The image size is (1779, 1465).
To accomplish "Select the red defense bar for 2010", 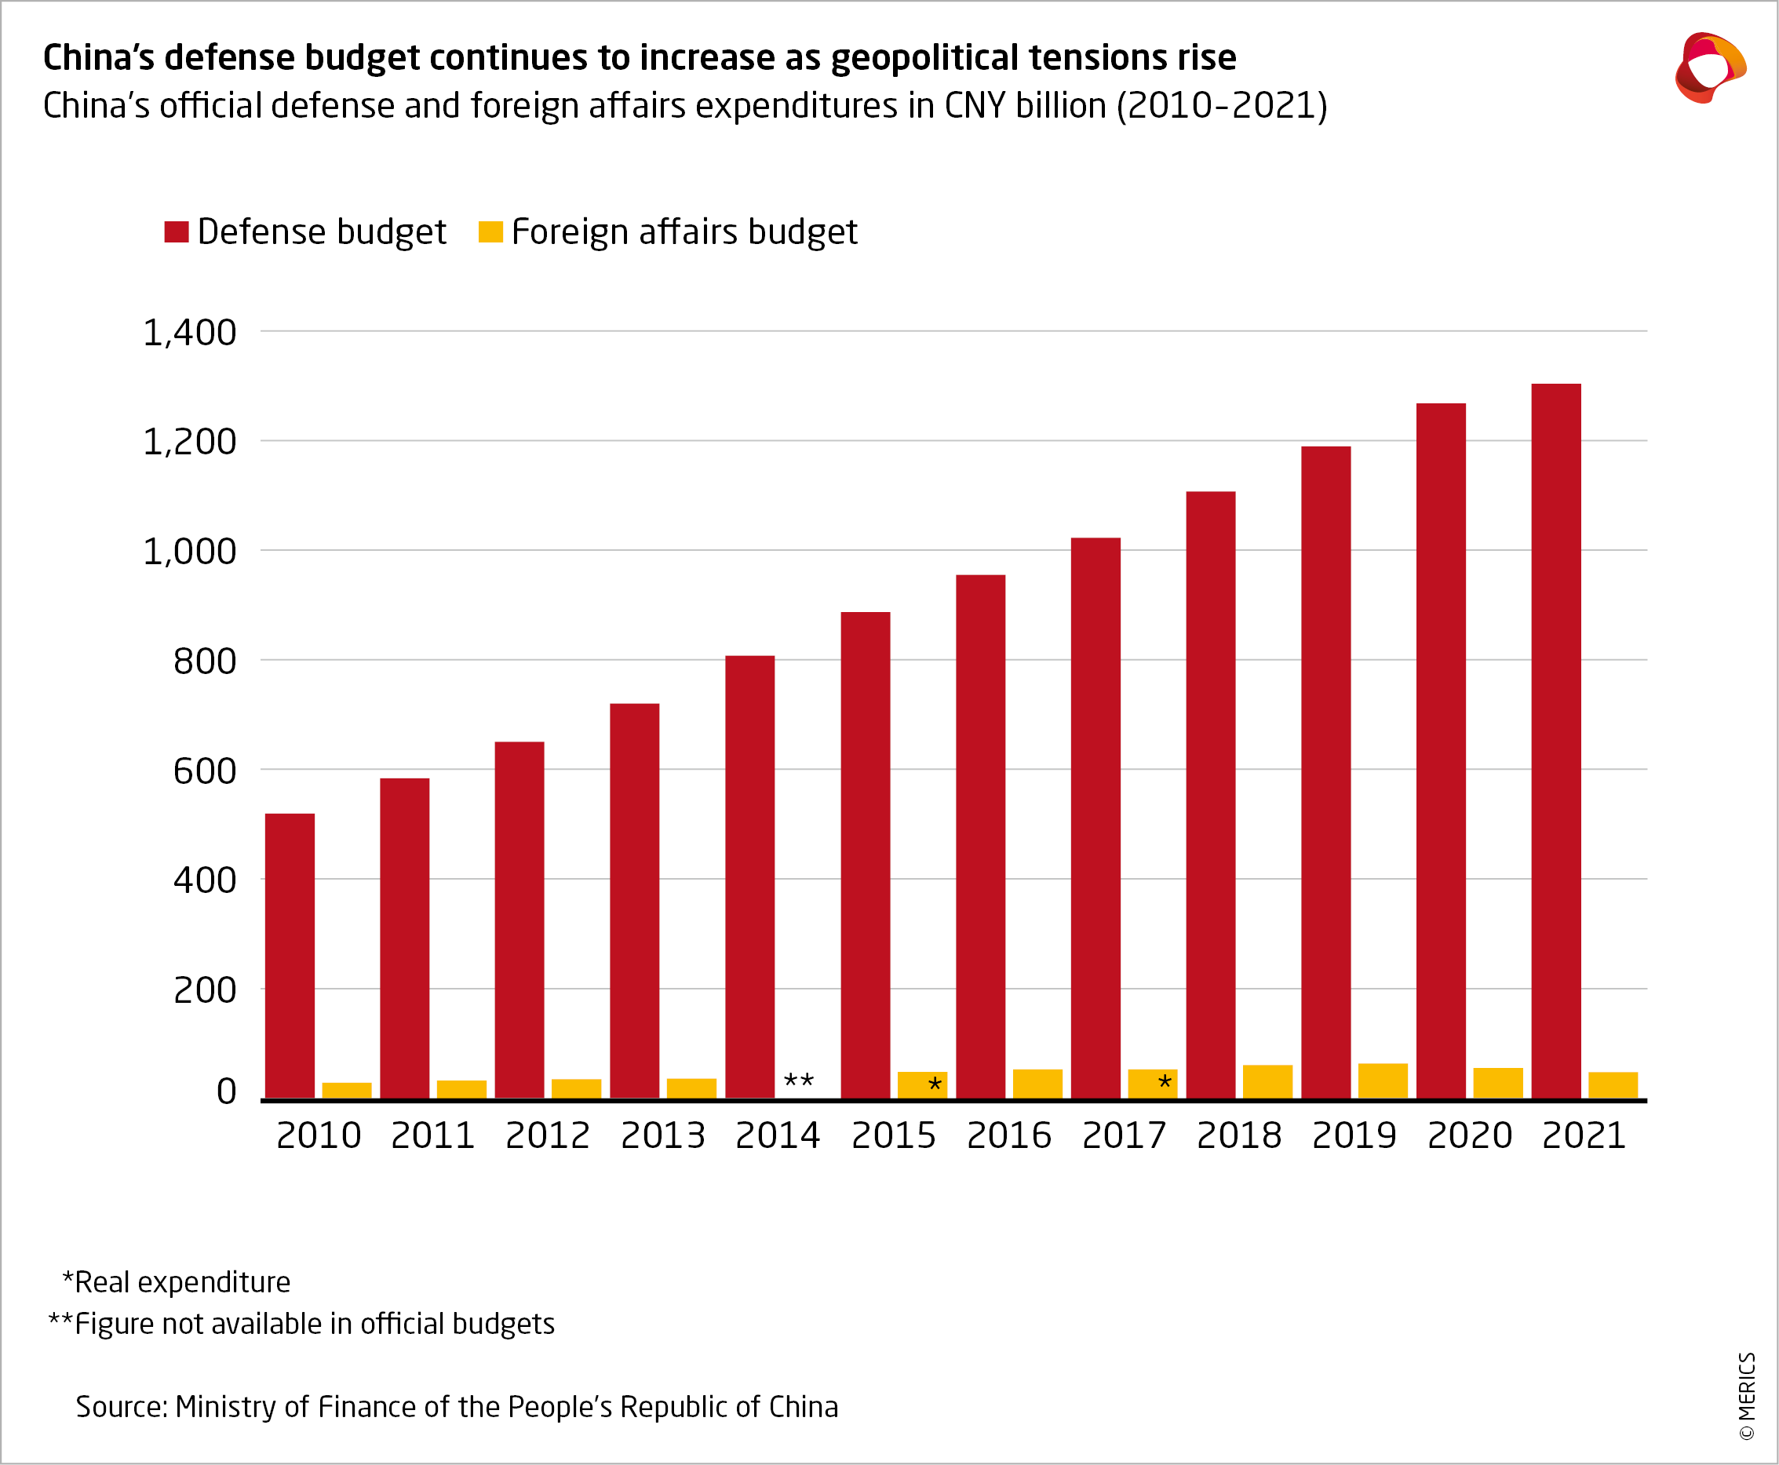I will click(x=290, y=955).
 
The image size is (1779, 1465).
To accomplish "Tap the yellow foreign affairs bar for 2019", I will click(x=1383, y=1081).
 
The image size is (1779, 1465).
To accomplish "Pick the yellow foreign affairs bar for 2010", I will click(x=346, y=1090).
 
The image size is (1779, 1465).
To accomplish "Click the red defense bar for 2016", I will click(x=980, y=836).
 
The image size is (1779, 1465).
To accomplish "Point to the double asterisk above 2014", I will click(x=798, y=1081).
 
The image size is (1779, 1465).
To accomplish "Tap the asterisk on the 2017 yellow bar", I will click(x=1165, y=1083).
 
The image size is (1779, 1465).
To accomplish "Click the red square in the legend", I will click(x=177, y=232).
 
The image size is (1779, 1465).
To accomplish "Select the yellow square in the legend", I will click(x=490, y=232).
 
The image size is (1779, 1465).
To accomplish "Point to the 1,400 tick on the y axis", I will click(x=189, y=333).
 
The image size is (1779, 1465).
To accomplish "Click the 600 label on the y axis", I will click(x=204, y=771).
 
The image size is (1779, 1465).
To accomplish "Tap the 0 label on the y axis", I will click(x=226, y=1092).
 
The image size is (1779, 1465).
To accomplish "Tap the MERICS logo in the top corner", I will click(x=1710, y=67).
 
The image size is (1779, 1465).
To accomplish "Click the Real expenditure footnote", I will click(x=177, y=1282).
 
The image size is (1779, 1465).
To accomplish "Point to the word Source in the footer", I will click(x=122, y=1407).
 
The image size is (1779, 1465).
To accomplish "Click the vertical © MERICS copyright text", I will click(x=1747, y=1397).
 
